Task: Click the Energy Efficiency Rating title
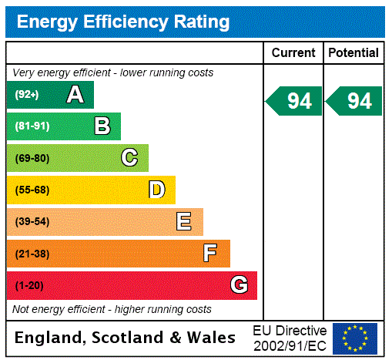coord(123,22)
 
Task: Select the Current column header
coord(293,52)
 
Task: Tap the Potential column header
coord(353,52)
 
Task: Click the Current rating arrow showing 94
coord(294,101)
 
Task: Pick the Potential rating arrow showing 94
coord(354,101)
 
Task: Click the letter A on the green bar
coord(75,95)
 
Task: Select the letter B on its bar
coord(102,126)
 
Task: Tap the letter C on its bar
coord(129,158)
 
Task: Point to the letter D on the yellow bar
coord(156,190)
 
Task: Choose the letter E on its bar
coord(184,222)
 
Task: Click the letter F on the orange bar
coord(210,254)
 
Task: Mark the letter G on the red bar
coord(239,285)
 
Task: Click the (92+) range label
coord(26,95)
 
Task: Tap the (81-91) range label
coord(32,126)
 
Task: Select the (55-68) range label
coord(32,190)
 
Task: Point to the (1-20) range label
coord(29,285)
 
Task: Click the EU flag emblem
coord(355,338)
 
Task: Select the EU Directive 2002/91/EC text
coord(290,338)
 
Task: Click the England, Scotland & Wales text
coord(126,338)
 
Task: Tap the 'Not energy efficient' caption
coord(112,309)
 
